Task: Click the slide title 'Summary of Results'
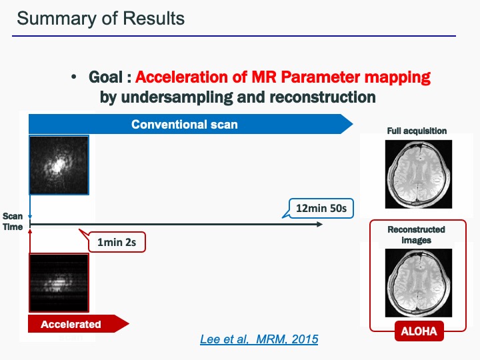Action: [x=101, y=18]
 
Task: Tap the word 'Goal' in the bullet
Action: [x=105, y=77]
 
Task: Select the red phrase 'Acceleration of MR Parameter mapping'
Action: [x=287, y=77]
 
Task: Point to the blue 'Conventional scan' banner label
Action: [x=184, y=125]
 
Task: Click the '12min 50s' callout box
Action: [x=321, y=209]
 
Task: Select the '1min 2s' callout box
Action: [x=117, y=242]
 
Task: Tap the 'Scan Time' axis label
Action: [x=13, y=221]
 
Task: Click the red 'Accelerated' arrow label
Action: [x=71, y=325]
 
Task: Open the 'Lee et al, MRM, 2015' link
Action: [x=259, y=339]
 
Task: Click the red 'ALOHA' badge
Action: [x=418, y=330]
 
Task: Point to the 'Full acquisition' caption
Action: [x=417, y=131]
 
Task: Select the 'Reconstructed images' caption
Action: [x=417, y=235]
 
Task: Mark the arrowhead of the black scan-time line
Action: [x=319, y=225]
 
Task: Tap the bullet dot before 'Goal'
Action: [x=75, y=78]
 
